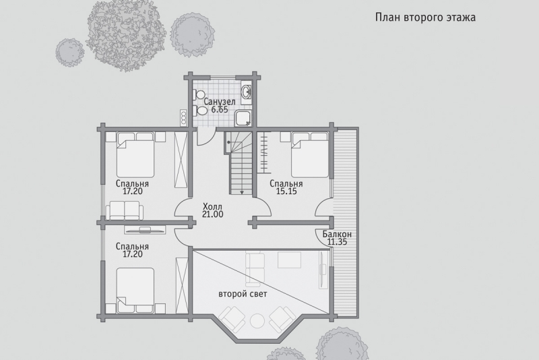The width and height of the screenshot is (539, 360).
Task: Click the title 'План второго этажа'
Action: [x=425, y=18]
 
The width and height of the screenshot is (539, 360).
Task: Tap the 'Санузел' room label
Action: [x=220, y=102]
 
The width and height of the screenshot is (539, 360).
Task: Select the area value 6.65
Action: [x=220, y=110]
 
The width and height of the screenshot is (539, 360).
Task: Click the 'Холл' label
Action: [x=212, y=207]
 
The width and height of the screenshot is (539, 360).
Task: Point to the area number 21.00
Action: [x=213, y=214]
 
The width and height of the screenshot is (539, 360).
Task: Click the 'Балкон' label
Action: [x=337, y=235]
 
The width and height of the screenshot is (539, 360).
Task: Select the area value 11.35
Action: [x=337, y=242]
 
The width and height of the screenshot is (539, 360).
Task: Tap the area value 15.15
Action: [x=286, y=191]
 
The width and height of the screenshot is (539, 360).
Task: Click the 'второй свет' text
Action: [x=243, y=294]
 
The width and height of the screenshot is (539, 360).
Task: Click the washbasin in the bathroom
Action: [x=246, y=92]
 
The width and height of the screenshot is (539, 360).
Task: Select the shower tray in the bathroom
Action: [x=243, y=118]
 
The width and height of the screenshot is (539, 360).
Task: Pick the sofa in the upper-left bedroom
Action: [x=125, y=210]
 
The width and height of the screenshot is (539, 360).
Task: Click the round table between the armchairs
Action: [x=257, y=321]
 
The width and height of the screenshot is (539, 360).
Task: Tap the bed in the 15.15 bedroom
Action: [x=309, y=155]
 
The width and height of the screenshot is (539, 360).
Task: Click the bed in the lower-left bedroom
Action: [x=135, y=291]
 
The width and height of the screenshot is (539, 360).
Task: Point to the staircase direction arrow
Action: [x=243, y=187]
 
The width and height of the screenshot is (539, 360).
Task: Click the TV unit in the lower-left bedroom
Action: [x=145, y=229]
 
